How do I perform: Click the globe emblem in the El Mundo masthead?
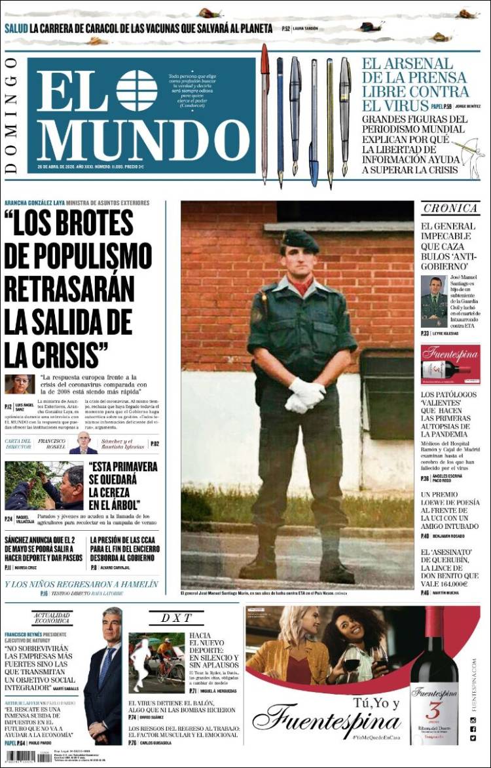click(x=136, y=90)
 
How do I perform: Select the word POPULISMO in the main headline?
click(x=77, y=254)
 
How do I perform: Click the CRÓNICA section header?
click(x=450, y=208)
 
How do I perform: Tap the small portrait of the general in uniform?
click(x=433, y=301)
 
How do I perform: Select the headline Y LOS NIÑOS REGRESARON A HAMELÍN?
click(x=82, y=584)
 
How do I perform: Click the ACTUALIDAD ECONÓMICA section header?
click(x=52, y=617)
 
